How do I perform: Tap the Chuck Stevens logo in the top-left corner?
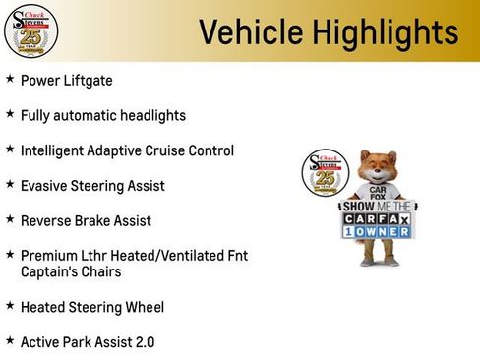[30, 30]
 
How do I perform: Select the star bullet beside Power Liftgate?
[10, 78]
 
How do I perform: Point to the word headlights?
[150, 115]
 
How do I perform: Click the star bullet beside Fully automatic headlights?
[10, 114]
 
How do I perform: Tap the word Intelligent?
[56, 150]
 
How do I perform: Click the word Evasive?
[46, 185]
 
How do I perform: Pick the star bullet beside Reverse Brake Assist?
[10, 219]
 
